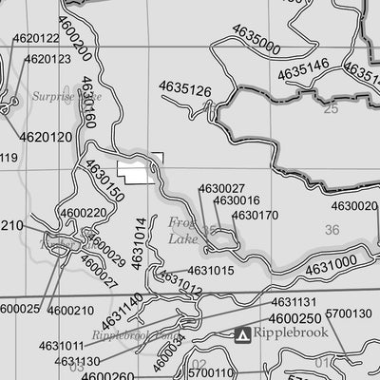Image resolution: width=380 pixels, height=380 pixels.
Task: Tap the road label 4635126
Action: [x=184, y=89]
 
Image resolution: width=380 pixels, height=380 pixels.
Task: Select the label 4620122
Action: [x=36, y=39]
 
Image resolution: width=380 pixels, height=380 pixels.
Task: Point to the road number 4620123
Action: [x=47, y=59]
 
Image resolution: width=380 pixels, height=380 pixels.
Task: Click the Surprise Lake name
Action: [x=53, y=96]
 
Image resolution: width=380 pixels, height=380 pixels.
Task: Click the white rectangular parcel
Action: [x=139, y=169]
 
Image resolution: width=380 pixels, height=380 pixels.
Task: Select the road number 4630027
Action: [x=222, y=189]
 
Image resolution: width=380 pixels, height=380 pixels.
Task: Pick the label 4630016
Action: [x=237, y=201]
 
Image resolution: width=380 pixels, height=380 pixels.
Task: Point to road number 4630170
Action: [x=255, y=216]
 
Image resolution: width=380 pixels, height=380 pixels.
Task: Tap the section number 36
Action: [x=331, y=230]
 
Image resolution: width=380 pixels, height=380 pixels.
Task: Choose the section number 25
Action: [x=331, y=109]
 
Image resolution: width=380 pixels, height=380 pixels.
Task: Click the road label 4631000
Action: [x=331, y=264]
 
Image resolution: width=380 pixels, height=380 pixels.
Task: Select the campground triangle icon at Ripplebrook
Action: [x=243, y=334]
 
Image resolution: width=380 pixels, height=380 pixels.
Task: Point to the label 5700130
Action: [x=349, y=313]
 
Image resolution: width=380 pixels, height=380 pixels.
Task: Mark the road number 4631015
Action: [x=210, y=271]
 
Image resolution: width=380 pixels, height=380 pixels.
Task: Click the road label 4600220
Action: [x=83, y=213]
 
